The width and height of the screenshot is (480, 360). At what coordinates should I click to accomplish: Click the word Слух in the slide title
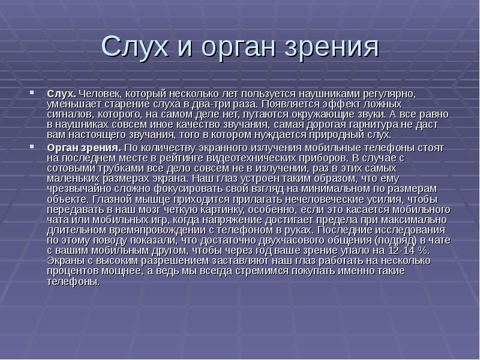133,47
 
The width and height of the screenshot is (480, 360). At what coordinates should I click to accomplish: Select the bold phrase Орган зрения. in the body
85,146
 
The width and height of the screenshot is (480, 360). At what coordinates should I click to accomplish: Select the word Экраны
66,261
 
